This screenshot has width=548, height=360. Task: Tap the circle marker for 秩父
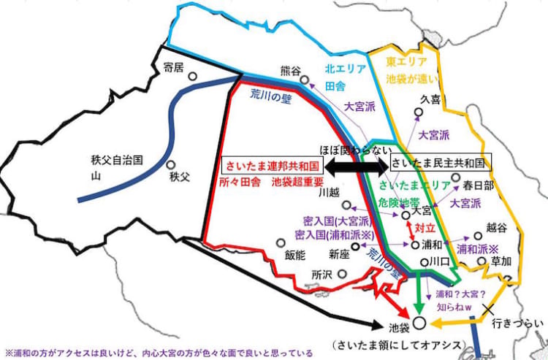coord(170,166)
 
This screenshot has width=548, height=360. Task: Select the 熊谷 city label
coord(290,71)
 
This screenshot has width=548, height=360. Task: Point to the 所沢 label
coord(321,275)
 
